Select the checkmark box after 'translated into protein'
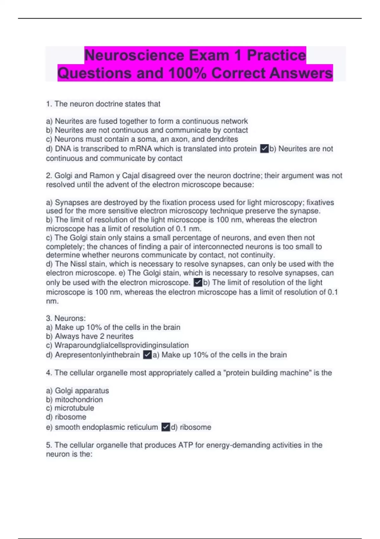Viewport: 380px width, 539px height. pyautogui.click(x=264, y=148)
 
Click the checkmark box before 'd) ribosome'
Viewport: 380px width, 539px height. pyautogui.click(x=166, y=427)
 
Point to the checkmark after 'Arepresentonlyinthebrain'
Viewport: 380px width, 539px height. pyautogui.click(x=147, y=355)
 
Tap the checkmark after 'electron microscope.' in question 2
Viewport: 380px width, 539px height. pyautogui.click(x=198, y=282)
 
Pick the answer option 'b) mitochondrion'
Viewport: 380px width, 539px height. pyautogui.click(x=74, y=399)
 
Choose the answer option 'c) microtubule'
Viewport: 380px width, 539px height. pyautogui.click(x=70, y=408)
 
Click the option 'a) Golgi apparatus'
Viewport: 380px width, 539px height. pyautogui.click(x=77, y=391)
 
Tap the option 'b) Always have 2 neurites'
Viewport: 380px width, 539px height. pyautogui.click(x=90, y=336)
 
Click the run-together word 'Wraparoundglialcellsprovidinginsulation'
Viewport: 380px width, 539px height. pyautogui.click(x=122, y=345)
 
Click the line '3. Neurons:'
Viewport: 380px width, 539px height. pyautogui.click(x=66, y=318)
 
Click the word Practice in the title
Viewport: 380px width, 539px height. pyautogui.click(x=276, y=55)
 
